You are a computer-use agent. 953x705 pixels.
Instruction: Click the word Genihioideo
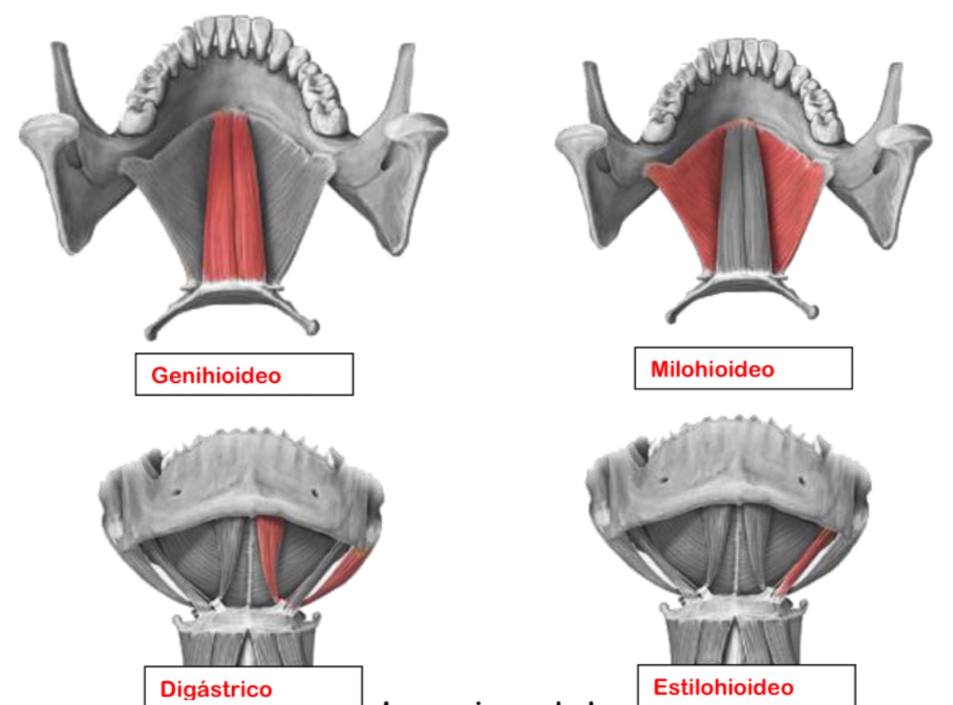pos(216,375)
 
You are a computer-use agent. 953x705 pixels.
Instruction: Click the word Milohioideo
pos(712,369)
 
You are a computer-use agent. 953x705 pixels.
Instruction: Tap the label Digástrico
pos(216,689)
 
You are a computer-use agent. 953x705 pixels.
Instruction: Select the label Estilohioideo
pos(723,686)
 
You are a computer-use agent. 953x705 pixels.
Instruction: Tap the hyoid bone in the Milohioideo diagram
pos(743,286)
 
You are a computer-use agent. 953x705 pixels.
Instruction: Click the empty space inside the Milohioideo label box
pos(814,369)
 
